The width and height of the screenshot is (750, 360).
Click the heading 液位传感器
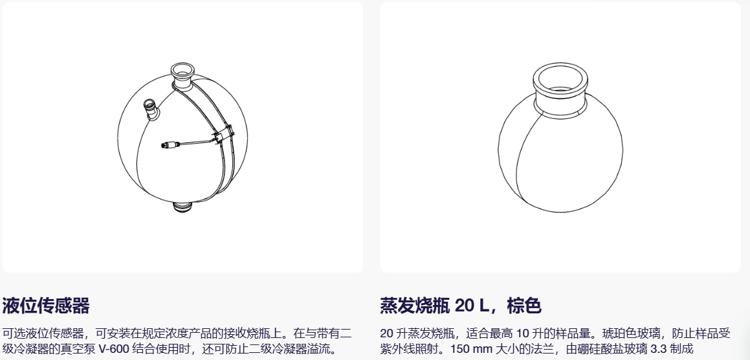(46, 306)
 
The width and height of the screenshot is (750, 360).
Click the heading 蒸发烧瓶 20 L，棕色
(461, 306)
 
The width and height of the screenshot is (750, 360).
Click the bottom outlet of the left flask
(182, 207)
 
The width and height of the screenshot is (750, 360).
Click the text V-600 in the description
(114, 348)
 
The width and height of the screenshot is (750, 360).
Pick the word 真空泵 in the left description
(80, 348)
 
